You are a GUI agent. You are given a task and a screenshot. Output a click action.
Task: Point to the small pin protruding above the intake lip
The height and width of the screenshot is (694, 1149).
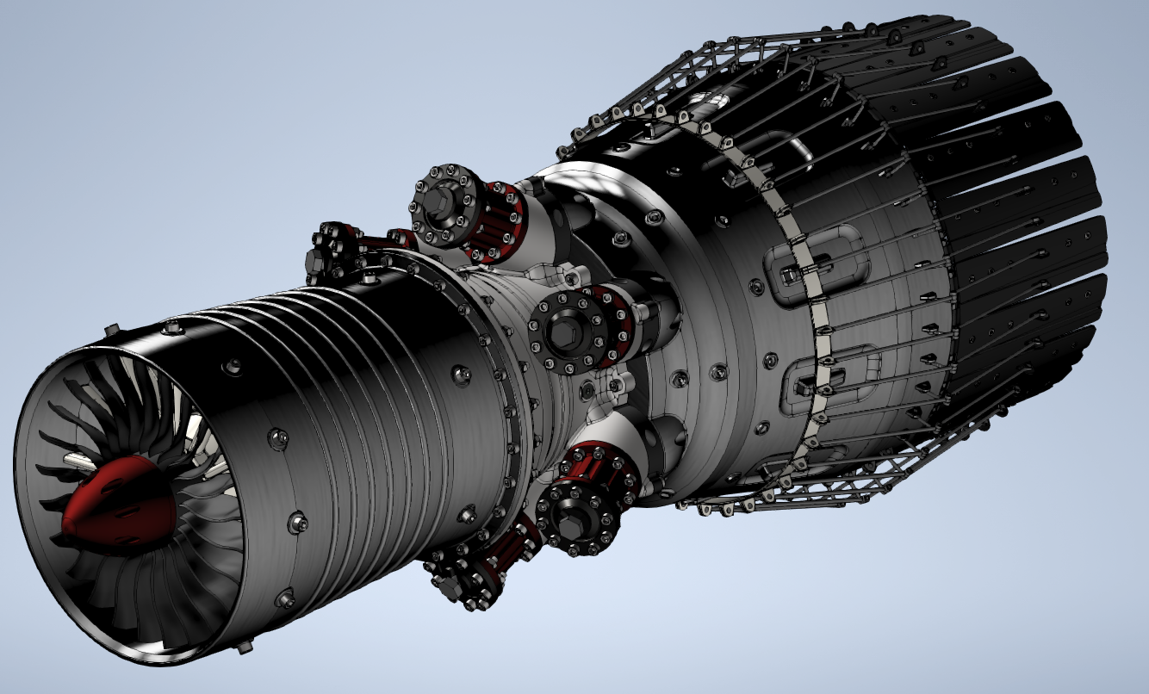(x=111, y=329)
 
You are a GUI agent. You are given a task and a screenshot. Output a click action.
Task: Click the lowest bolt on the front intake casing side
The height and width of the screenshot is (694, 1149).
(x=287, y=596)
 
